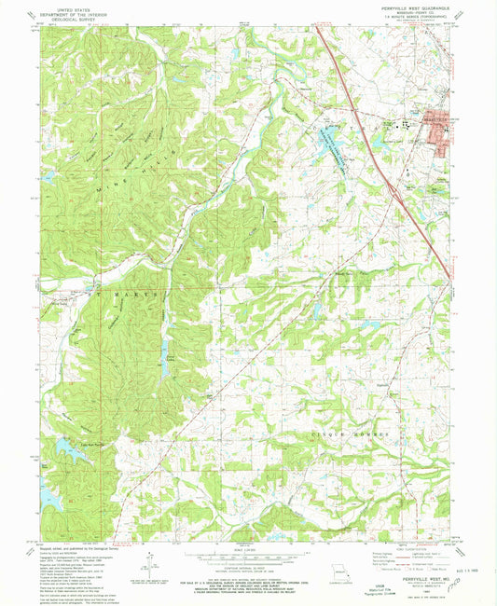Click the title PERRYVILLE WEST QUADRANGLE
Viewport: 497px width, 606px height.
(x=409, y=9)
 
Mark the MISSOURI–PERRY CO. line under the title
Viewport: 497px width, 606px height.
(x=409, y=14)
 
